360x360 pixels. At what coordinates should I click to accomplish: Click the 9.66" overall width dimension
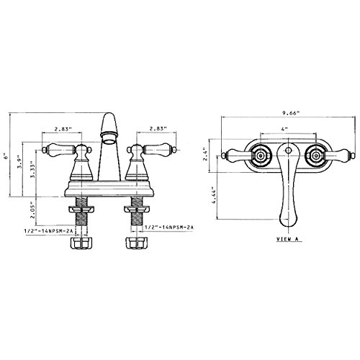292,113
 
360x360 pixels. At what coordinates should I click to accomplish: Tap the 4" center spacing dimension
284,129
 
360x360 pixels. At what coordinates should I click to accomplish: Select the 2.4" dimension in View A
205,156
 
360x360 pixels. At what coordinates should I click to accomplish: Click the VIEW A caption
288,239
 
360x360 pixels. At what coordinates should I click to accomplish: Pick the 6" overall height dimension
6,156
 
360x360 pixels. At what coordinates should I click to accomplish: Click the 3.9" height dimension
20,163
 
